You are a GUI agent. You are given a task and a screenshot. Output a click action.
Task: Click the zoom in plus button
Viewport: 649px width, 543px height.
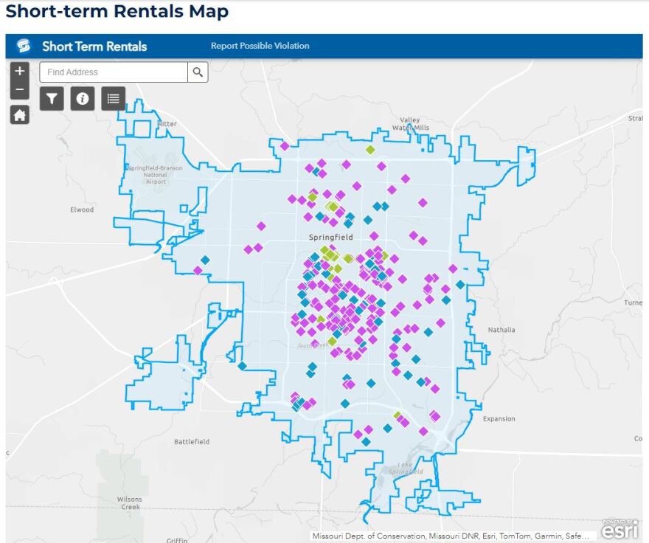(20, 71)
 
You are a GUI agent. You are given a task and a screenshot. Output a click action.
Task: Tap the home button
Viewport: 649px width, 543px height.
(20, 115)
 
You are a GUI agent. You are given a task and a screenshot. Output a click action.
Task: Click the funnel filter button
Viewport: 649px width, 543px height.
(52, 98)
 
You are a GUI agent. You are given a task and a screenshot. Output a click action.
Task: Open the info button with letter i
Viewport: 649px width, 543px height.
(83, 98)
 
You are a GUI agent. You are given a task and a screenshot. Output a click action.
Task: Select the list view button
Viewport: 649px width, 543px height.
(113, 98)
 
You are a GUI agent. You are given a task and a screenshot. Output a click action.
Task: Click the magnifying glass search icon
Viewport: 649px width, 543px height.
(198, 72)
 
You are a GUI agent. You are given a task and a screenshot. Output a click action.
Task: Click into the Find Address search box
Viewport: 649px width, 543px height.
(114, 72)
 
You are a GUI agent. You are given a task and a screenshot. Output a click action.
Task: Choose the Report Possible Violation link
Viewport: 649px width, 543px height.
(260, 46)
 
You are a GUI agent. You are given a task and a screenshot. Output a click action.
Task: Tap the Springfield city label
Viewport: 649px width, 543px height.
(330, 238)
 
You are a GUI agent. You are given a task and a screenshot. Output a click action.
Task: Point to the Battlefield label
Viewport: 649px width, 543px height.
(192, 442)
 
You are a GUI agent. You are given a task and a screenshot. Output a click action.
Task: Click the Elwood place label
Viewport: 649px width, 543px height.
(82, 210)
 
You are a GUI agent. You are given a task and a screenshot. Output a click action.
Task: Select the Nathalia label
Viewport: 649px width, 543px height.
(502, 330)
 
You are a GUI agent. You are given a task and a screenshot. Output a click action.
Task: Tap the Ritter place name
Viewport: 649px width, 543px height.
(167, 124)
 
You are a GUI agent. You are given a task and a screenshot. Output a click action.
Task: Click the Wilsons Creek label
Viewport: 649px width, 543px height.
(130, 503)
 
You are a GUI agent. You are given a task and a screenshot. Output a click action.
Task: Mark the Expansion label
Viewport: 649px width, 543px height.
(499, 419)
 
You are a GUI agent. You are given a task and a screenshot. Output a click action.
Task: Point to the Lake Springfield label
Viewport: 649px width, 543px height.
(406, 468)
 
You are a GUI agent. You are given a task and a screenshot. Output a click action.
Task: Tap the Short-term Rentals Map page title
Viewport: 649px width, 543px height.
(117, 12)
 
